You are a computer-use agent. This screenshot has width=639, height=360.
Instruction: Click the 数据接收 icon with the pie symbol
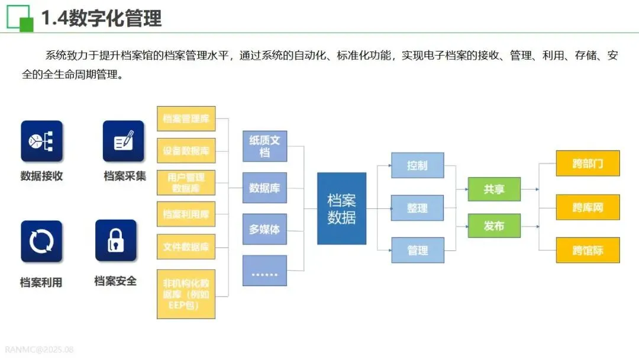[41, 142]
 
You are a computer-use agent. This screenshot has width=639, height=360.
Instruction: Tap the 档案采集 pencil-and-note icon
[123, 142]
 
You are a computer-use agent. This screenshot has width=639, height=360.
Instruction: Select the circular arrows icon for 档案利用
[41, 241]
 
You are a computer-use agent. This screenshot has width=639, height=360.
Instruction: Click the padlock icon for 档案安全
[115, 240]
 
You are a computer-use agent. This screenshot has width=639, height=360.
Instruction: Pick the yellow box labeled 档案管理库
[186, 118]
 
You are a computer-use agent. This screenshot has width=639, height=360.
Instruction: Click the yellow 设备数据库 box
[186, 150]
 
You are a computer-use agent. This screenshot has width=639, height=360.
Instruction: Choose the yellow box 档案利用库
[186, 214]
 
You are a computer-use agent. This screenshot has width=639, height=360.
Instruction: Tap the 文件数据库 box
[186, 246]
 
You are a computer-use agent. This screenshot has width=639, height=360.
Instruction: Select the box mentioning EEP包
[186, 294]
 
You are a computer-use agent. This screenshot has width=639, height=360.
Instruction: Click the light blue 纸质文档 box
[264, 146]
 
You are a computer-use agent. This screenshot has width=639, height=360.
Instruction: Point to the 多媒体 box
[264, 229]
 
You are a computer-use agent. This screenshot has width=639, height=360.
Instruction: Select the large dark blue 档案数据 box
[341, 208]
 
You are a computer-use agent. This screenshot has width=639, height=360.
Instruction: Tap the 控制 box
[417, 165]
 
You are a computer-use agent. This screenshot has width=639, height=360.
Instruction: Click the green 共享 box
[494, 189]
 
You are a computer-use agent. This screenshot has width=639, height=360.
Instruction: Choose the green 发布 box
[494, 226]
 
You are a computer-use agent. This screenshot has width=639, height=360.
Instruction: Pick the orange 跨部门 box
[588, 163]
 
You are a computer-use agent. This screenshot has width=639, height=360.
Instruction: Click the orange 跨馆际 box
[588, 250]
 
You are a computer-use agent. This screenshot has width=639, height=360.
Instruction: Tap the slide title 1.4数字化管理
[101, 18]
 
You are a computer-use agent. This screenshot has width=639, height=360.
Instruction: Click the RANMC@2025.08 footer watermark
[39, 349]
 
